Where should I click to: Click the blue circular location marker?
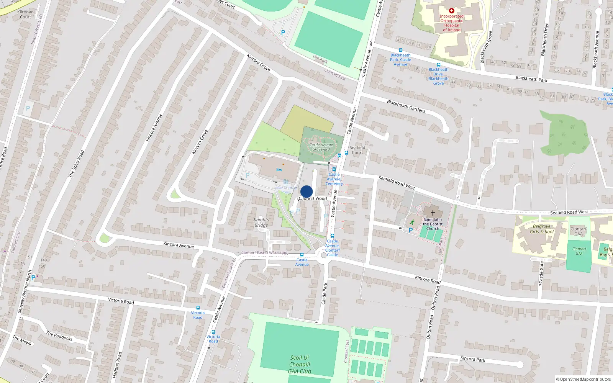[x=306, y=191]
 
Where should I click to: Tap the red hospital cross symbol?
[x=452, y=11]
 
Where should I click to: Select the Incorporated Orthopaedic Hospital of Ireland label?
[x=452, y=23]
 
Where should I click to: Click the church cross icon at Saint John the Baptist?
[x=433, y=213]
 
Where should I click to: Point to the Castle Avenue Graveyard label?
[x=321, y=147]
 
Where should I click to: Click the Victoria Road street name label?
[x=121, y=301]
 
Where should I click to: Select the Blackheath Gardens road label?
[x=406, y=106]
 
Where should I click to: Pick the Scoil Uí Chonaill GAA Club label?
[x=300, y=364]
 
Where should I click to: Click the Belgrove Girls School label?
[x=542, y=229]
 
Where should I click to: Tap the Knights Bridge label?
[x=261, y=222]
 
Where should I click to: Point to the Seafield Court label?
[x=357, y=150]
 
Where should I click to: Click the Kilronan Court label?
[x=26, y=14]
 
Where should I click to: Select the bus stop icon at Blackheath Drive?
[x=439, y=65]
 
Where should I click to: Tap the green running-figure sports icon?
[x=412, y=222]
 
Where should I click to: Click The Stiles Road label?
[x=76, y=164]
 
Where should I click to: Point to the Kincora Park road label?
[x=473, y=359]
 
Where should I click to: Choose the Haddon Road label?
[x=117, y=365]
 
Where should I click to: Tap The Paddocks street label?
[x=59, y=336]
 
